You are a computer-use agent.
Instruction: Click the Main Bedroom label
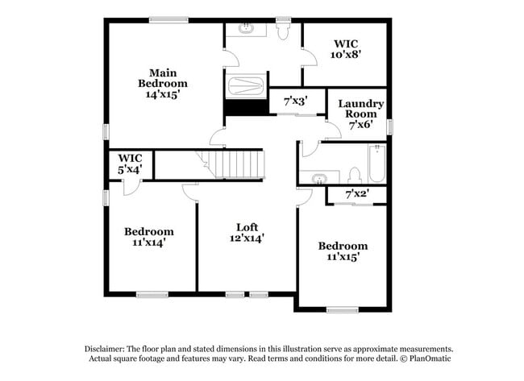pos(163,78)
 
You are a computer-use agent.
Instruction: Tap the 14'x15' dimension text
pos(163,94)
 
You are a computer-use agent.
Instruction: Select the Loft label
pos(247,227)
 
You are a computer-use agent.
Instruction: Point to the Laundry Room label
pos(361,109)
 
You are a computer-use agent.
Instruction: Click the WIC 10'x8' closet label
pos(346,49)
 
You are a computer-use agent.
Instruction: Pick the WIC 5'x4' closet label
pos(130,164)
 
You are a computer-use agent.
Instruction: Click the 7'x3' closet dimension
pos(296,101)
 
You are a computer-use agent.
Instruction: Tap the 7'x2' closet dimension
pos(357,193)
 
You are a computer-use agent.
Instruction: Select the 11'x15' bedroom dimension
pos(343,257)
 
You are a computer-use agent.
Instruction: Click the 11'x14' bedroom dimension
pos(149,242)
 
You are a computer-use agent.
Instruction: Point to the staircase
pos(231,164)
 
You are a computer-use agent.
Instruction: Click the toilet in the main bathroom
pos(283,29)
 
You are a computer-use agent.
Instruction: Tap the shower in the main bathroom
pos(247,86)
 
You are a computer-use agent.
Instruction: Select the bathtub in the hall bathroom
pos(377,164)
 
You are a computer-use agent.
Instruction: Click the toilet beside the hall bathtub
pos(355,176)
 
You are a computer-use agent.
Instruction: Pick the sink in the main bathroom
pos(247,29)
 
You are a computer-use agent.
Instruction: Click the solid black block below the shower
pos(247,108)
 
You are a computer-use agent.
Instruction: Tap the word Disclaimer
pos(105,350)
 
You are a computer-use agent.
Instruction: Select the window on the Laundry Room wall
pos(389,127)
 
